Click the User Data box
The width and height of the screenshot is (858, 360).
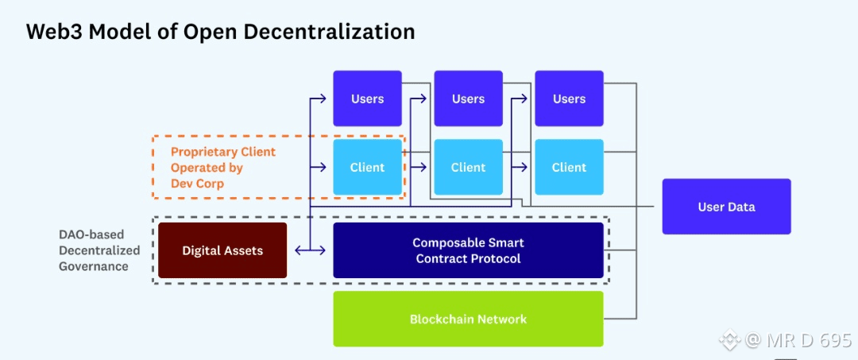726,207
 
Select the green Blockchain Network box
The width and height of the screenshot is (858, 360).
468,319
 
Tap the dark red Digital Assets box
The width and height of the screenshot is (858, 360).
222,250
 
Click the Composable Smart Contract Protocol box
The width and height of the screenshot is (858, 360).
468,250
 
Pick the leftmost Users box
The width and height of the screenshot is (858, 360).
367,99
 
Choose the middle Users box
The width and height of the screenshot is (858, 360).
468,99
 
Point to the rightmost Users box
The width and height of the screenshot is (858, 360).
569,99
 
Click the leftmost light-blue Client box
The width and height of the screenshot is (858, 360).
367,167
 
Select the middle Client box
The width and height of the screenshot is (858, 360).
468,167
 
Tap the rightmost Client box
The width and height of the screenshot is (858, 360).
569,167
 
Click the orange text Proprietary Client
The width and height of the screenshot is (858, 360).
223,152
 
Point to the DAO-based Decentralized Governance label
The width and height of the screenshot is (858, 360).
99,250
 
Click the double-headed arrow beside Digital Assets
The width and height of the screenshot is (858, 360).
310,250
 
